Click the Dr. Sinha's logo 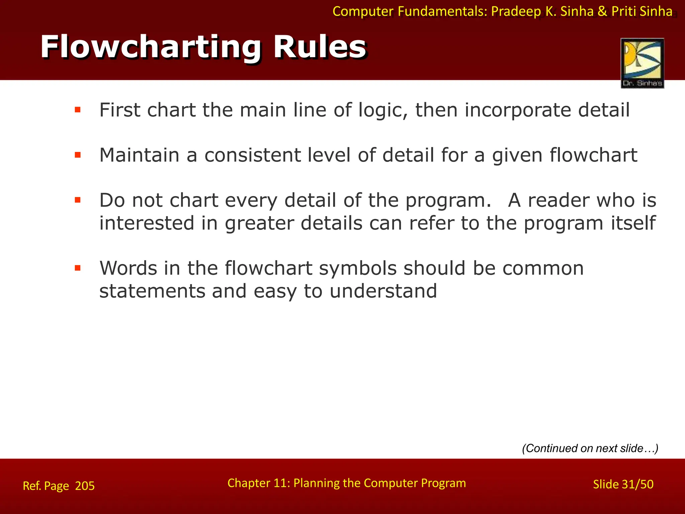tap(642, 63)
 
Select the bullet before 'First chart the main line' tap(78, 110)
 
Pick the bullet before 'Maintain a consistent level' tap(78, 155)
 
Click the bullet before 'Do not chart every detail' tap(78, 200)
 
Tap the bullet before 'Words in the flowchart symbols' tap(78, 268)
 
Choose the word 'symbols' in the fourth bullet tap(358, 268)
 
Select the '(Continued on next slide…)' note tap(590, 448)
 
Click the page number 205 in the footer tap(85, 486)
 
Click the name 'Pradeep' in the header tap(516, 12)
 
